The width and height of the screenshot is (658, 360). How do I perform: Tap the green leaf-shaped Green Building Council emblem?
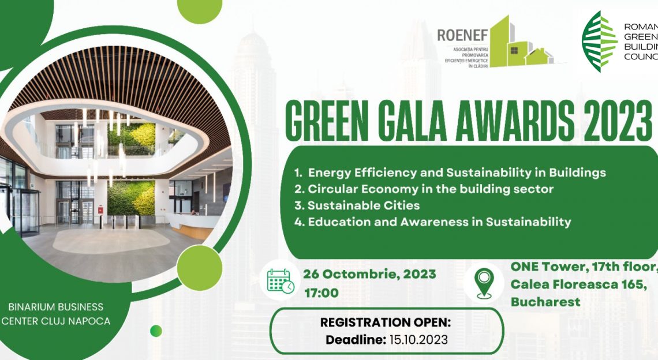599,41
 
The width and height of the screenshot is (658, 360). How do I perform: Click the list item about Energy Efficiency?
450,172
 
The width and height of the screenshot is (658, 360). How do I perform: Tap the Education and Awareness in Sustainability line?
432,222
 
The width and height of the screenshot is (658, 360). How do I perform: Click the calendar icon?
281,282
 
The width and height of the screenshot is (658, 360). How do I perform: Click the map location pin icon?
483,283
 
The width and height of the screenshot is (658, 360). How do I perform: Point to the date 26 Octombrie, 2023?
370,273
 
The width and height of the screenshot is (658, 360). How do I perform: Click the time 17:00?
321,293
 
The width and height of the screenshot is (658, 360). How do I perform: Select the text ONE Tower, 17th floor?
583,267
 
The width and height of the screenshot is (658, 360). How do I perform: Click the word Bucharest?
545,302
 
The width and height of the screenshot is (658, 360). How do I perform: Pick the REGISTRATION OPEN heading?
386,322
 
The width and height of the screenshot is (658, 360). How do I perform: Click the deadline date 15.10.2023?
417,340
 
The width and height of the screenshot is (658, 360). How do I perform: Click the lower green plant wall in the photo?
131,198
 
